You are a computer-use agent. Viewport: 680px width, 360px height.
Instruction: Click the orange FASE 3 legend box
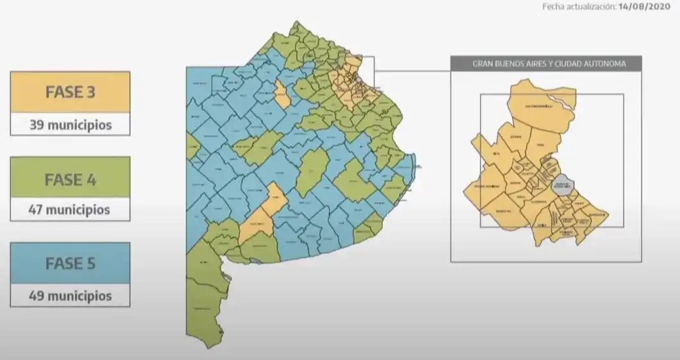click(70, 92)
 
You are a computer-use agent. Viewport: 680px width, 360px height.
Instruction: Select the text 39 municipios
click(70, 124)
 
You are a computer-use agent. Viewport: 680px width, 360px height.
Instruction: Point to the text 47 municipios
click(70, 210)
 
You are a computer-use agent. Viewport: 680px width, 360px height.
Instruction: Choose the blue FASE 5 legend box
click(70, 262)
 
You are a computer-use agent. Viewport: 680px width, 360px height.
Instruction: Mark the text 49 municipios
click(70, 296)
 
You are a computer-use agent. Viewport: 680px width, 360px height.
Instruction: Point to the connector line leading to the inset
click(411, 71)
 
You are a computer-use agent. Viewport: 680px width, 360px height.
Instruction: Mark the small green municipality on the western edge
click(192, 146)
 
